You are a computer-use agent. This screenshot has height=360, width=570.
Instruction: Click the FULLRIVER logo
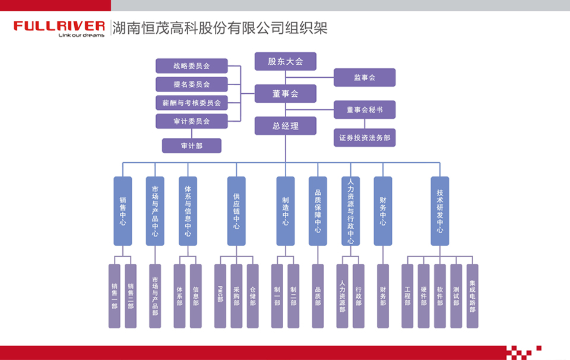click(59, 28)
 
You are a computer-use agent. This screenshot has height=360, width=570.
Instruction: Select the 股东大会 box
click(285, 61)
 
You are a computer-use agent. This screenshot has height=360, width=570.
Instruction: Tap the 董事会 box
click(285, 94)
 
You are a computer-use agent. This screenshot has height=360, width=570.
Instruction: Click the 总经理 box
click(285, 126)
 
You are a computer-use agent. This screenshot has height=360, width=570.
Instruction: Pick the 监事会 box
click(364, 77)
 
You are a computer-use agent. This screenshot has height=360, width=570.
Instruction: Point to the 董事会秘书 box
click(364, 110)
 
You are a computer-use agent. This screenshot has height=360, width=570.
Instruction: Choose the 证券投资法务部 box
click(364, 138)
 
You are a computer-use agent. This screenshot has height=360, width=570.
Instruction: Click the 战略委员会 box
click(191, 66)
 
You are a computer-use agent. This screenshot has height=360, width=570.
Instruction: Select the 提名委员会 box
click(191, 84)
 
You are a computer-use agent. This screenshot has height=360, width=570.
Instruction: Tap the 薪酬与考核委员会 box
click(191, 103)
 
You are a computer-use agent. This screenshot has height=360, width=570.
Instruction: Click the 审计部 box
click(191, 146)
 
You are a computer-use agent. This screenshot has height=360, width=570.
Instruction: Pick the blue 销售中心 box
click(122, 211)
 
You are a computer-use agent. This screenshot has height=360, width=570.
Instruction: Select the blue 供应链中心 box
click(236, 211)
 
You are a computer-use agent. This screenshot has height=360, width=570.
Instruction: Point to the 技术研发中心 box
click(440, 211)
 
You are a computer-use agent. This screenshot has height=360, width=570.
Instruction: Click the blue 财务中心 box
click(382, 211)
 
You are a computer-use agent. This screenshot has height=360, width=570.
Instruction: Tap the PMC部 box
click(220, 296)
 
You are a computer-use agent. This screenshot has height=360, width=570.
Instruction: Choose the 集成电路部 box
click(472, 296)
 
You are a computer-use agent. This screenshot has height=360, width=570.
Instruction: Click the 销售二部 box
click(131, 296)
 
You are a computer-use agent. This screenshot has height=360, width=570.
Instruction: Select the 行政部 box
click(358, 296)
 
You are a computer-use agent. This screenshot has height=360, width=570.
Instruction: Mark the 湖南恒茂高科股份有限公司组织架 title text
click(220, 28)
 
